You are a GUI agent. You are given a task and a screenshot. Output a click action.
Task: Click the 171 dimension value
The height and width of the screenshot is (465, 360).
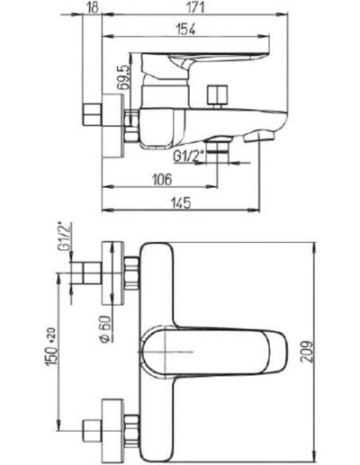195,7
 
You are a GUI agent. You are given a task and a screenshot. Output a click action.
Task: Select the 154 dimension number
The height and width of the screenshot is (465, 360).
185,30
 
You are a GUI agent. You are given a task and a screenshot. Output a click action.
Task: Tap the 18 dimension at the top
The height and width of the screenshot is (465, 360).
94,7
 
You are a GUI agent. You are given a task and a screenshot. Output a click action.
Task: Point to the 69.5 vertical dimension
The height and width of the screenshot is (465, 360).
123,78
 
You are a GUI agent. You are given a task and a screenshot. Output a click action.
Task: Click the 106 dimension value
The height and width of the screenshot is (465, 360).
162,180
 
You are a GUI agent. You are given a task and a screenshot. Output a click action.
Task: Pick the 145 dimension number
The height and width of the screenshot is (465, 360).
181,203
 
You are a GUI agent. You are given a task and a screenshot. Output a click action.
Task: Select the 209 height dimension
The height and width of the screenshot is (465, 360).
307,352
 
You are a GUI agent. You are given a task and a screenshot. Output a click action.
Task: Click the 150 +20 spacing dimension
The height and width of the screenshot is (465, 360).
51,347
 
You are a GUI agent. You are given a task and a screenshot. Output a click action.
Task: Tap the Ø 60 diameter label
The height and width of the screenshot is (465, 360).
105,329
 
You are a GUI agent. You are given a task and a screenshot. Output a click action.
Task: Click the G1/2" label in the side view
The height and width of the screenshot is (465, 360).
189,156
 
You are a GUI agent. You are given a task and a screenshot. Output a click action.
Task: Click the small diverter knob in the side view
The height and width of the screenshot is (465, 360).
218,95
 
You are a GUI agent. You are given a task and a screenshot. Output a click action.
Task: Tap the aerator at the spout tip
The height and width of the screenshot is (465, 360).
259,137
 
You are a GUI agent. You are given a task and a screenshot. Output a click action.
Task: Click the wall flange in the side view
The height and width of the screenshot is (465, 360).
112,126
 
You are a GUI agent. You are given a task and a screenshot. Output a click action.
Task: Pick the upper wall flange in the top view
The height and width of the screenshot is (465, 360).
112,273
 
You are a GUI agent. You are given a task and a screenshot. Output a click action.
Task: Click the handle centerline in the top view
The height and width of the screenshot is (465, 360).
166,352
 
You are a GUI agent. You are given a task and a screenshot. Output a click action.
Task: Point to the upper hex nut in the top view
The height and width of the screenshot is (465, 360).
131,273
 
